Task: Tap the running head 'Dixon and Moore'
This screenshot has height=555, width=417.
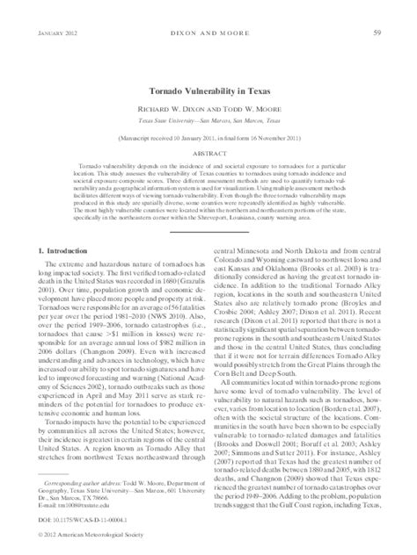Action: [x=208, y=9]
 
